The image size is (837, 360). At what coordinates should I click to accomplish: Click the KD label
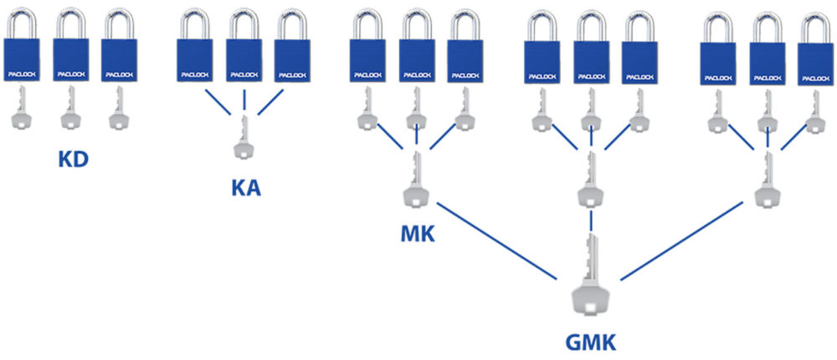tap(73, 160)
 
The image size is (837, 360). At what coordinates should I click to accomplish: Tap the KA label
tap(246, 188)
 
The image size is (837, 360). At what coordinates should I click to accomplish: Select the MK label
tap(418, 234)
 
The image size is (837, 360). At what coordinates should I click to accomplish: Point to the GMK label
tap(590, 342)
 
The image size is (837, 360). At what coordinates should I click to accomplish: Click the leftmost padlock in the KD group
tap(22, 46)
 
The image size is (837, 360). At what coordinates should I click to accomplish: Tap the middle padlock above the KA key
tap(244, 46)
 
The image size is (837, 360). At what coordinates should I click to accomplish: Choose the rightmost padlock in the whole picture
tap(815, 49)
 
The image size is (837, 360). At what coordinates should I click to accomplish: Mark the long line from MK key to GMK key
tap(496, 241)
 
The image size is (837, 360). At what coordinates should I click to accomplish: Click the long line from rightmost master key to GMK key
tap(681, 241)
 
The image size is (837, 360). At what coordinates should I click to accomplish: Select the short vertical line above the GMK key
tap(591, 220)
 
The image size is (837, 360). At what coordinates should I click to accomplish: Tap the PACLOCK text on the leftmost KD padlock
tap(22, 75)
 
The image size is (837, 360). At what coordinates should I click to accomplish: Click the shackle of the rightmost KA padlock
tap(292, 25)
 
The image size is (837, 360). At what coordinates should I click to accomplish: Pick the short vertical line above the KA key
tap(244, 100)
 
